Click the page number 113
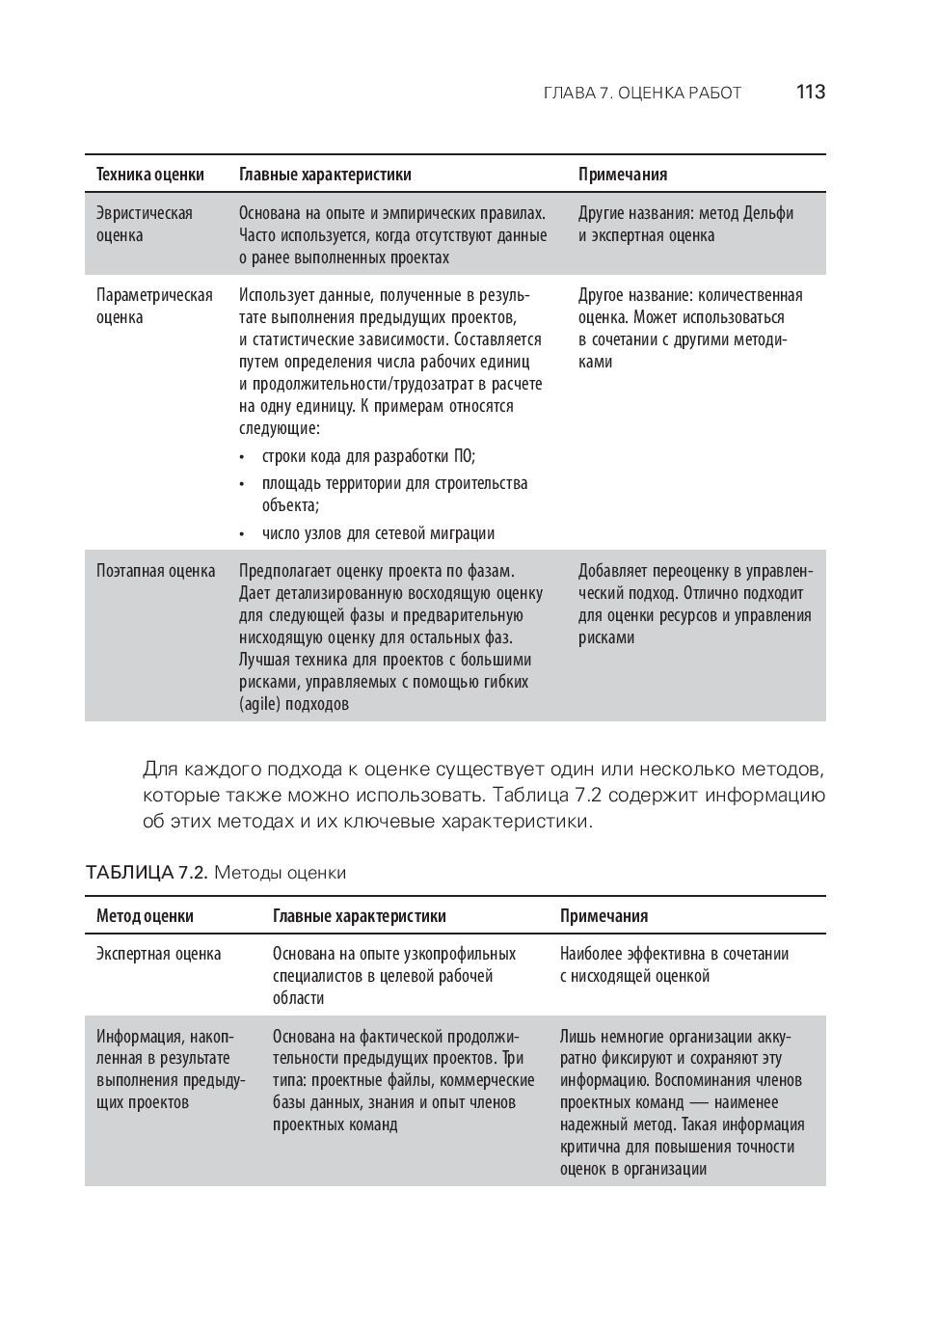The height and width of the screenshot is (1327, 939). coord(810,93)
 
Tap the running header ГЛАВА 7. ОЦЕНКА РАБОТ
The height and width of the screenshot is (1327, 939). coord(642,94)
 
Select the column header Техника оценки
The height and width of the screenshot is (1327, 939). coord(150,175)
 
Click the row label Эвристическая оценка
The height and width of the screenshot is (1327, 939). coord(145,224)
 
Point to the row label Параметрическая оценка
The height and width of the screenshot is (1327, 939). coord(154,306)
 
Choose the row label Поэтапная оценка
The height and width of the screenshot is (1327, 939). coord(156,571)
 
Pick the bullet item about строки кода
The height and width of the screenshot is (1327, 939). coord(368,456)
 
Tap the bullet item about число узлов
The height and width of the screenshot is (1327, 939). coord(378,533)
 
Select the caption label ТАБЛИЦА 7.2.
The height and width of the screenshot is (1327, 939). coord(146,873)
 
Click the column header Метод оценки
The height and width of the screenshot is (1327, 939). coord(145,916)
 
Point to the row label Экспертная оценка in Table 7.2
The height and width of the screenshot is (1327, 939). coord(159,954)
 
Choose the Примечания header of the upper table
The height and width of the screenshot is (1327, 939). coord(623,175)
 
